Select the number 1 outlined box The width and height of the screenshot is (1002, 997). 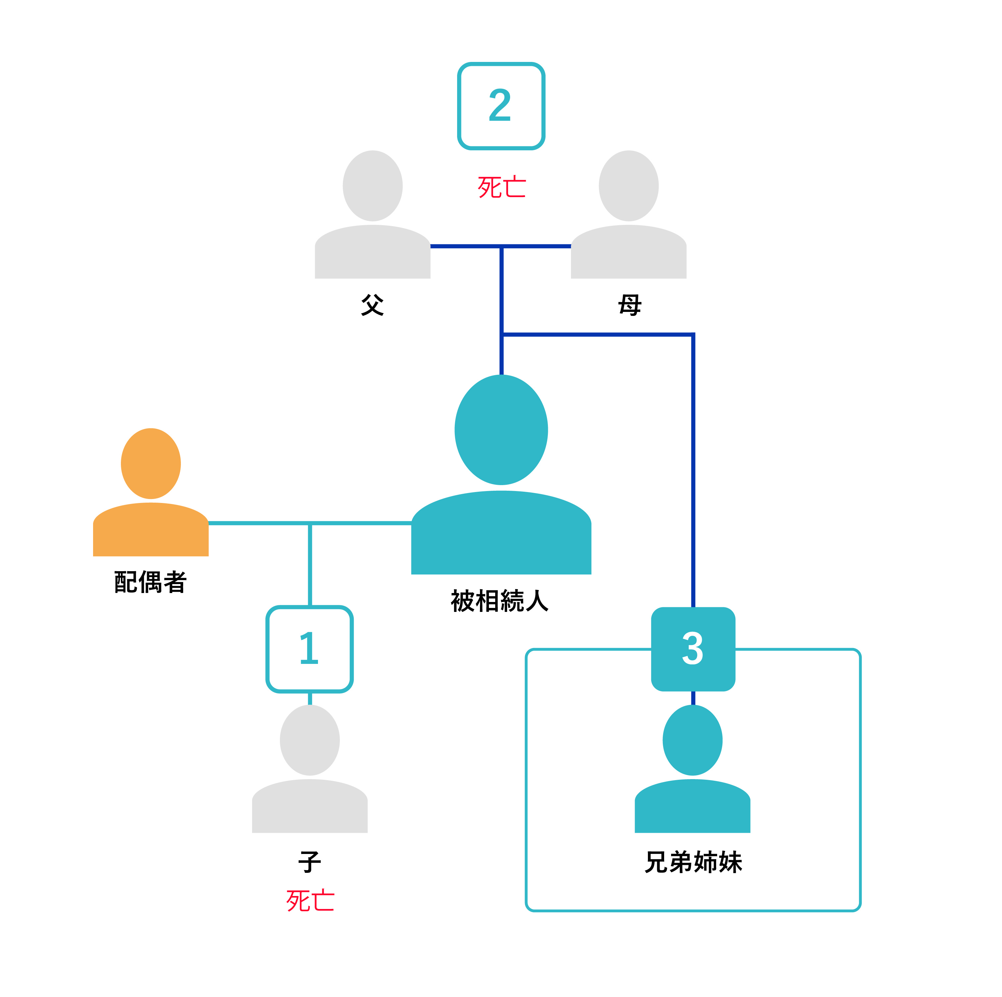click(x=310, y=649)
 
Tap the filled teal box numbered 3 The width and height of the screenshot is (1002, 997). click(x=693, y=649)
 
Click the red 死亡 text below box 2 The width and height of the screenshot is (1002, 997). click(x=501, y=187)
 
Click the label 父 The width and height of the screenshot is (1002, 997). click(x=372, y=305)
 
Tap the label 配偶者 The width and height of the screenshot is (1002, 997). click(x=150, y=582)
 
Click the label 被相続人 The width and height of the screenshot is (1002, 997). click(x=500, y=601)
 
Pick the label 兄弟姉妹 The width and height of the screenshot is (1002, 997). click(x=693, y=862)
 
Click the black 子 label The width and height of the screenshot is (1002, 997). click(x=310, y=862)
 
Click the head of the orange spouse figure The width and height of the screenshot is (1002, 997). click(x=151, y=464)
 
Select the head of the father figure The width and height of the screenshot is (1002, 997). click(x=372, y=186)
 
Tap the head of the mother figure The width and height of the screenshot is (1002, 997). click(x=629, y=186)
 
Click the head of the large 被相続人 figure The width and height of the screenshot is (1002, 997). click(x=501, y=430)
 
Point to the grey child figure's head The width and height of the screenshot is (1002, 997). click(x=310, y=740)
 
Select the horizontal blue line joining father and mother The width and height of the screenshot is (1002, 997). click(x=467, y=246)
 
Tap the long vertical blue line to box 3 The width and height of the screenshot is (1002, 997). click(x=693, y=467)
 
